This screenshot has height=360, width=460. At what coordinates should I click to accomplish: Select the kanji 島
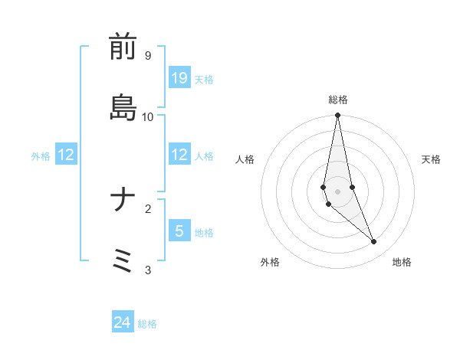[x=123, y=106]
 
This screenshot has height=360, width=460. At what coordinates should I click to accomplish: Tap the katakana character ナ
[x=123, y=201]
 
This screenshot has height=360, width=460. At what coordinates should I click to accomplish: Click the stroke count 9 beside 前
[x=147, y=55]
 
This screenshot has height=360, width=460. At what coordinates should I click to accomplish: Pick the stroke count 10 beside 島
[x=147, y=116]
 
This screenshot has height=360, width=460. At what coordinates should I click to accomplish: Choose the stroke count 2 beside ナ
[x=147, y=208]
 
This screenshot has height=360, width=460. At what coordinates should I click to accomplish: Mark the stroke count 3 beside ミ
[x=147, y=270]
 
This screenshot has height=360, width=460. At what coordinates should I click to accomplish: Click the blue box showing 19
[x=179, y=78]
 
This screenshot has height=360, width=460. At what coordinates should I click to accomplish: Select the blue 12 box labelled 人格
[x=179, y=155]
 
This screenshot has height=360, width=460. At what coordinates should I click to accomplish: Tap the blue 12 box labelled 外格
[x=66, y=155]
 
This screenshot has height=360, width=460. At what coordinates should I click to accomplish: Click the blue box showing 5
[x=179, y=231]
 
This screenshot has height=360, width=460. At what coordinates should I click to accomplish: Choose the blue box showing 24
[x=123, y=323]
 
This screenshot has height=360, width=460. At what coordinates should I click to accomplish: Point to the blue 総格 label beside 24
[x=147, y=324]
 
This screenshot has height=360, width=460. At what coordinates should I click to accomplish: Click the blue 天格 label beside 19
[x=204, y=79]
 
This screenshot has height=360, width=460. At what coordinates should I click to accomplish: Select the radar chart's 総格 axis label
[x=338, y=100]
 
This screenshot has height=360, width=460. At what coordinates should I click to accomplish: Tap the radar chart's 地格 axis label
[x=402, y=262]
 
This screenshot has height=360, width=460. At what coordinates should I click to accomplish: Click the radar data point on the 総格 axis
[x=338, y=116]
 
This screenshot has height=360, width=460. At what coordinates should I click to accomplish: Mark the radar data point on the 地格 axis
[x=374, y=242]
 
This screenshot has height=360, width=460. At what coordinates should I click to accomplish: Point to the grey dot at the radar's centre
[x=338, y=191]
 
